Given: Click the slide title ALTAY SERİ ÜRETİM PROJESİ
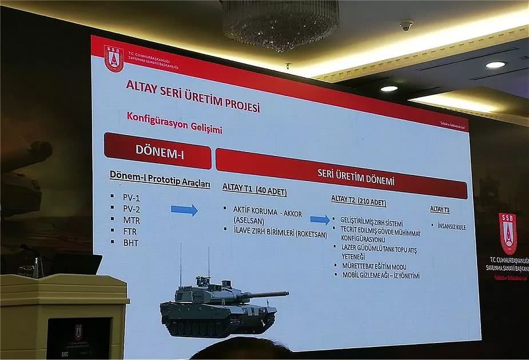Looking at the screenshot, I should pos(193,97).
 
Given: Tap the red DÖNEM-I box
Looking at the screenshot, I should pos(157,151).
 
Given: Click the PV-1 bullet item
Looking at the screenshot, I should pos(131,197).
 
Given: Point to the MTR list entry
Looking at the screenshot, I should pos(131,220).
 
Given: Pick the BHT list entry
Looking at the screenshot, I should pos(130,243).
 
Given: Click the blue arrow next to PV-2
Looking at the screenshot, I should pos(184,210).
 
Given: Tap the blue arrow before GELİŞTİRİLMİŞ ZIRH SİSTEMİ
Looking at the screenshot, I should pos(320,219).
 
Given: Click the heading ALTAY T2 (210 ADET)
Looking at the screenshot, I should pos(359,201).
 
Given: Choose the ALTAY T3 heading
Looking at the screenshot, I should pos(440,210).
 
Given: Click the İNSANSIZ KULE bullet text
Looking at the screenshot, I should pos(451,227).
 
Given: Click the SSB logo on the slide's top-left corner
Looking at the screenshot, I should pos(114,58).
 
